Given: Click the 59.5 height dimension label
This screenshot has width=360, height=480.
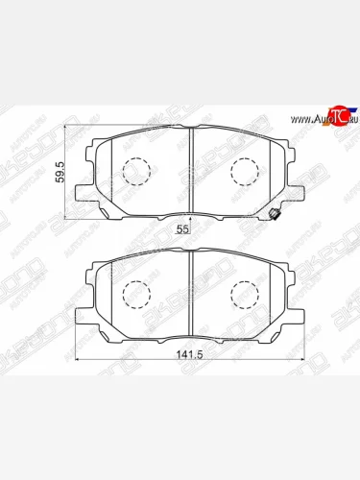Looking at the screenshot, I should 60,171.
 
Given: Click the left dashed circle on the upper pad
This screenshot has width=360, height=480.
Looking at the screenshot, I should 137,174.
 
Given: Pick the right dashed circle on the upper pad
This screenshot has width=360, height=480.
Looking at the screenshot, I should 244,174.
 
